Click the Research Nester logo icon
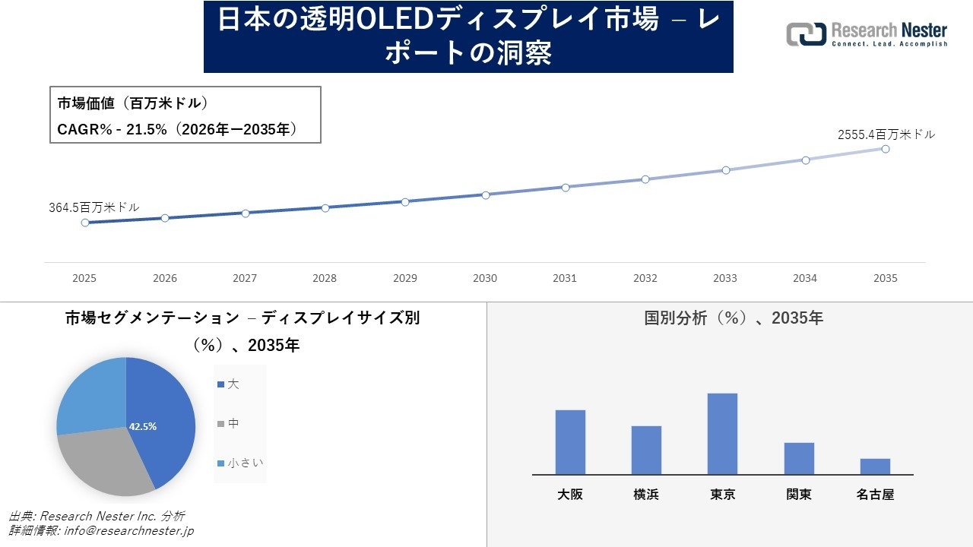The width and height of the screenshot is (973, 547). [x=806, y=34]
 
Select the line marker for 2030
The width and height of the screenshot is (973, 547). [x=485, y=194]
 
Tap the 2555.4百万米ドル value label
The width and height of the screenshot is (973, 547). [x=886, y=134]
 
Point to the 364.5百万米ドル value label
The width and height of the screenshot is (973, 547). [x=94, y=207]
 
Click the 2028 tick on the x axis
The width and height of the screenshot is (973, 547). [x=325, y=278]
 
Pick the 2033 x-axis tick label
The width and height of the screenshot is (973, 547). [x=725, y=278]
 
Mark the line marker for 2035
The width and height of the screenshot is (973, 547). [x=886, y=149]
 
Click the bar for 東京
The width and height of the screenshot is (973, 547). [x=722, y=434]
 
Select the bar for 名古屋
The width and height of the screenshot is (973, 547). [x=875, y=466]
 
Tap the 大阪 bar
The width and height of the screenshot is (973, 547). [x=570, y=442]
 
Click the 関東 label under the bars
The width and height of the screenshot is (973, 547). [x=799, y=495]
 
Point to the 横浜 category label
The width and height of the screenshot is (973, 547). [x=646, y=495]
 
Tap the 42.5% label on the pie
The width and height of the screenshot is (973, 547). [x=143, y=426]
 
